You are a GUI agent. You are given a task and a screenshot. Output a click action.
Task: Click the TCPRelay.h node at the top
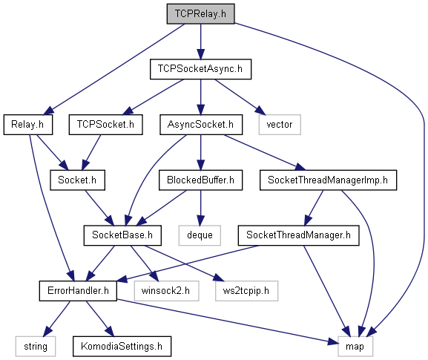point(200,13)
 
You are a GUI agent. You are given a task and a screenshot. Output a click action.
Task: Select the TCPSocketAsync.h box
point(200,69)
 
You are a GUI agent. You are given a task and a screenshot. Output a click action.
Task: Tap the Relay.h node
point(28,125)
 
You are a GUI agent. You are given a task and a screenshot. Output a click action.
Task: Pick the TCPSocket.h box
point(105,125)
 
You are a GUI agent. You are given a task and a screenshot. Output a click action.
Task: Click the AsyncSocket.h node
point(201,125)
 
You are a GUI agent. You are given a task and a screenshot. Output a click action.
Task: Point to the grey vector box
point(280,125)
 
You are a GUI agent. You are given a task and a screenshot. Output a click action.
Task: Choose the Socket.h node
point(77,180)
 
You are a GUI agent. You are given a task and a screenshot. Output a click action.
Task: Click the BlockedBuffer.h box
point(200,180)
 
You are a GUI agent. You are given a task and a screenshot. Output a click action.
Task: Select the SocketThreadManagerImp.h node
point(328,180)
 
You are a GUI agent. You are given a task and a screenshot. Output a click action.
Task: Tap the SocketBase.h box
point(122,235)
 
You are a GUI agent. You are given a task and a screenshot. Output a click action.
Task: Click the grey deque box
point(200,235)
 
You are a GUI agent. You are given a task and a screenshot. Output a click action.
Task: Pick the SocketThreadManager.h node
point(299,235)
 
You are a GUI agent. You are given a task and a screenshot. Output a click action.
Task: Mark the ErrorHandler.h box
point(78,291)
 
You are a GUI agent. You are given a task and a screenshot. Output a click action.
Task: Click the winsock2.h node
point(166,291)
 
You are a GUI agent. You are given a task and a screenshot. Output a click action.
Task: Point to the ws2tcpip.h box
point(246,291)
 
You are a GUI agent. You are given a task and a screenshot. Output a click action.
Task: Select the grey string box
point(36,347)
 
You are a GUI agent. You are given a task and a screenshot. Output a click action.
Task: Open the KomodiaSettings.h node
point(122,347)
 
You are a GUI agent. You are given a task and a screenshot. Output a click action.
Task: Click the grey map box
point(355,347)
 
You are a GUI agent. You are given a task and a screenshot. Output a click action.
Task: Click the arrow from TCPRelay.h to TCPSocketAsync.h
point(200,42)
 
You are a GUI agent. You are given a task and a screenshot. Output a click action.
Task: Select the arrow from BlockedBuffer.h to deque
point(200,208)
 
